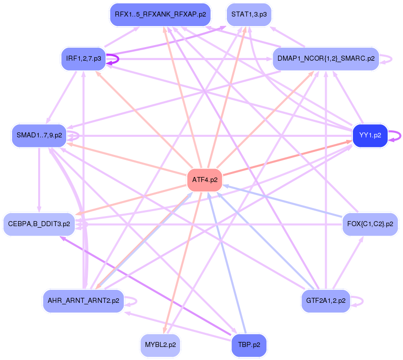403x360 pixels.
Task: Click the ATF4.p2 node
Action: [205, 180]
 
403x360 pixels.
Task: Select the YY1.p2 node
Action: [370, 136]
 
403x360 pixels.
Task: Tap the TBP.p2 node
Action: [249, 345]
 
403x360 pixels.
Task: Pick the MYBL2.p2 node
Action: [160, 345]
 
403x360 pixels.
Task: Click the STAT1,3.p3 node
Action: [249, 15]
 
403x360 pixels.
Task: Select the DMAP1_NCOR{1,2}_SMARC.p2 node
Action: [326, 59]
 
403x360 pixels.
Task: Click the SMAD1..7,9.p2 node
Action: [39, 136]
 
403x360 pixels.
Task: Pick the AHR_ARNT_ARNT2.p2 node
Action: [83, 301]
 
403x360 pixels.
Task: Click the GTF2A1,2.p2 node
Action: [326, 301]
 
